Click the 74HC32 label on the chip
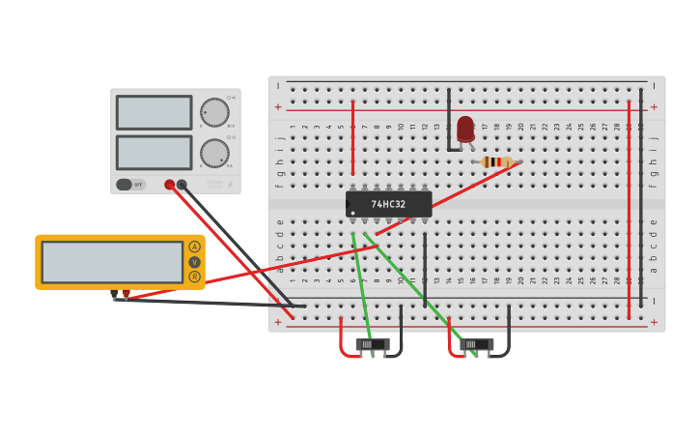pyautogui.click(x=389, y=204)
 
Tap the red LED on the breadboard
pyautogui.click(x=465, y=129)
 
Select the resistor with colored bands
pyautogui.click(x=496, y=161)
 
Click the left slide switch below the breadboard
pyautogui.click(x=372, y=343)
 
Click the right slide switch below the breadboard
pyautogui.click(x=476, y=343)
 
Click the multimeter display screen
pyautogui.click(x=112, y=262)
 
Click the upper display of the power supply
pyautogui.click(x=154, y=112)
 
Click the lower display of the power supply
pyautogui.click(x=154, y=152)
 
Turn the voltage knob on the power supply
pyautogui.click(x=213, y=112)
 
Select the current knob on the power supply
pyautogui.click(x=213, y=153)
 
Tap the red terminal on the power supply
pyautogui.click(x=170, y=184)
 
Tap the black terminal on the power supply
pyautogui.click(x=182, y=184)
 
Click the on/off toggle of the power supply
pyautogui.click(x=125, y=184)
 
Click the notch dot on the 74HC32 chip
pyautogui.click(x=353, y=212)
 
